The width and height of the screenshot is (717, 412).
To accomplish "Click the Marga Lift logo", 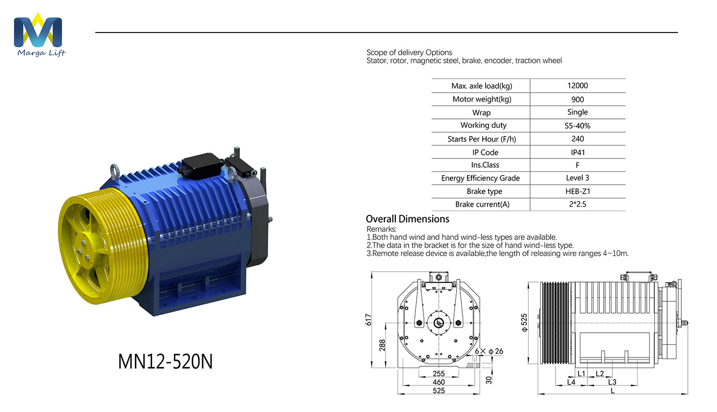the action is click(39, 34).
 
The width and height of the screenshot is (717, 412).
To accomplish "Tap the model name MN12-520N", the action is click(165, 361).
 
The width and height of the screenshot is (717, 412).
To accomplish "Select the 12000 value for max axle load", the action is click(577, 85).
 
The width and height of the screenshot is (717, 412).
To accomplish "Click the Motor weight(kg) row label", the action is click(482, 99).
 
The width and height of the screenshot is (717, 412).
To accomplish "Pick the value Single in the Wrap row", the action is click(577, 112).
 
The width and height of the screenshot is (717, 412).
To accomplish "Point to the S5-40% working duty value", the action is click(577, 126).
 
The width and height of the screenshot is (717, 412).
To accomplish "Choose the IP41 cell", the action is click(578, 152).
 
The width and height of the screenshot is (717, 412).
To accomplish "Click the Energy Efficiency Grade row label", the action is click(480, 179).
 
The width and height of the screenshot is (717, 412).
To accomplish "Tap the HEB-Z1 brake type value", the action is click(578, 191).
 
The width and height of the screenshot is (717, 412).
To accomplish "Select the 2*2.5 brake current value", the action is click(577, 204).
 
